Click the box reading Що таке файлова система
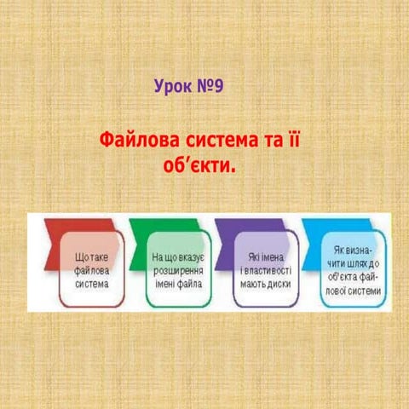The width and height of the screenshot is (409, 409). coord(91,269)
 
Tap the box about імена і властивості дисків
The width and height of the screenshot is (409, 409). coord(265,269)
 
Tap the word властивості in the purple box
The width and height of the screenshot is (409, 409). coord(268,269)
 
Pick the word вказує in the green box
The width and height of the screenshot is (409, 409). coord(188,256)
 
